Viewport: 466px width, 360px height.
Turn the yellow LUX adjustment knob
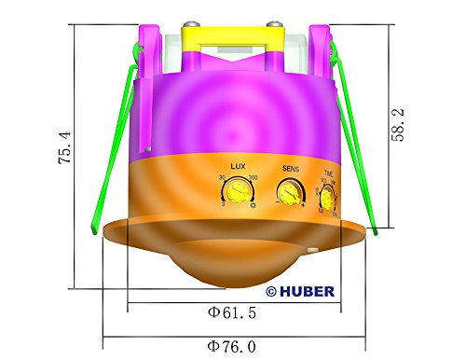coord(236,192)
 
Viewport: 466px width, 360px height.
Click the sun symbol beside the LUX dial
coord(253,204)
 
